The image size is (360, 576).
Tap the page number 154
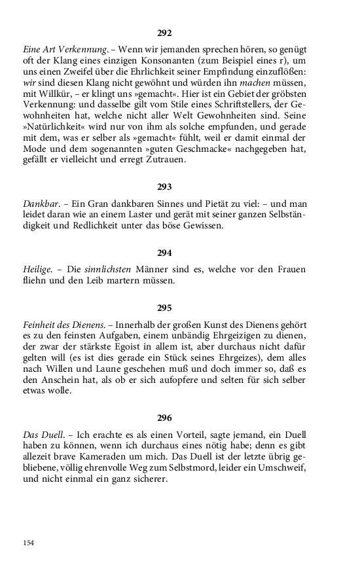coord(29,543)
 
